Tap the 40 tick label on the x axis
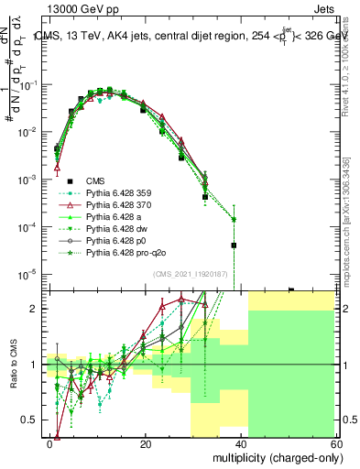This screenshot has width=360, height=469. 241,442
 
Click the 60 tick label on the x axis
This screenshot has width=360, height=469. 336,442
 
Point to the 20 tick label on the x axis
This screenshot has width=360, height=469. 146,442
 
